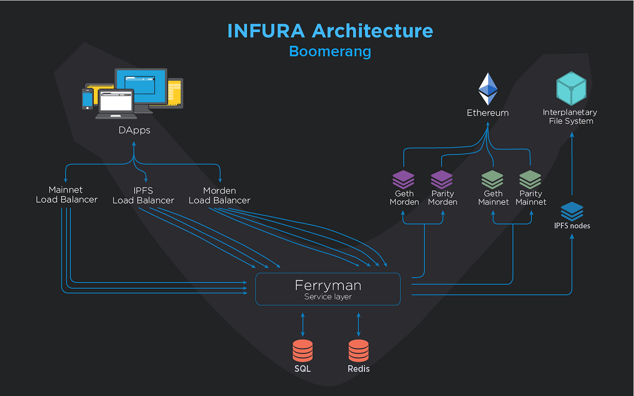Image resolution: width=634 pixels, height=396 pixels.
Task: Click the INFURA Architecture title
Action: (x=330, y=31)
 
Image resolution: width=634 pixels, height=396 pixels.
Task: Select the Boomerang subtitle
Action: (x=330, y=52)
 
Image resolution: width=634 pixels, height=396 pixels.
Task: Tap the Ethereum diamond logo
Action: (x=488, y=89)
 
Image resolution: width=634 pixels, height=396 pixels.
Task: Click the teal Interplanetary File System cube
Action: (x=571, y=88)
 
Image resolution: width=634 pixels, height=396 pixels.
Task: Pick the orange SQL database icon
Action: (x=303, y=351)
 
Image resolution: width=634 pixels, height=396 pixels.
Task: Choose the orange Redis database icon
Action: (x=358, y=351)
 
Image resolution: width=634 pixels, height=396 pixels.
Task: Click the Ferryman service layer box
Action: (x=328, y=289)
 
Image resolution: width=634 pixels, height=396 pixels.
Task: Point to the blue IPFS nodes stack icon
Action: (x=572, y=211)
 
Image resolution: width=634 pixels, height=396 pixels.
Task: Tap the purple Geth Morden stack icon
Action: (x=403, y=179)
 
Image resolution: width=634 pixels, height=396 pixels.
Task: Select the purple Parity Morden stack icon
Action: (x=442, y=179)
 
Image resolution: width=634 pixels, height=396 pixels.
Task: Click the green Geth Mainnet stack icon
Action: (x=492, y=179)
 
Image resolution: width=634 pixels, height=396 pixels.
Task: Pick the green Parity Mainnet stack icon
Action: (x=530, y=179)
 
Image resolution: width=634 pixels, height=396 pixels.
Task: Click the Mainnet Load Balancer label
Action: (x=67, y=195)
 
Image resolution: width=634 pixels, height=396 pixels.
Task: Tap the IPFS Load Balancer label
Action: (x=143, y=196)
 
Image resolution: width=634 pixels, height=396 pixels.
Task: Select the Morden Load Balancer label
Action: (x=219, y=196)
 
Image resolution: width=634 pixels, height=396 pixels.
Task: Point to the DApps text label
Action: (x=134, y=130)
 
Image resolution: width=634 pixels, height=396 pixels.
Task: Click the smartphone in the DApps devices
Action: (x=87, y=99)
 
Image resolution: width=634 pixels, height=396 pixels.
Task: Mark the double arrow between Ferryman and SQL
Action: (x=303, y=324)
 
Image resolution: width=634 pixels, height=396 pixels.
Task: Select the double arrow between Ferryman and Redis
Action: (x=358, y=324)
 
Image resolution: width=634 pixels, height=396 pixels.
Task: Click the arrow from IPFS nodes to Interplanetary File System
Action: (x=572, y=163)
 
